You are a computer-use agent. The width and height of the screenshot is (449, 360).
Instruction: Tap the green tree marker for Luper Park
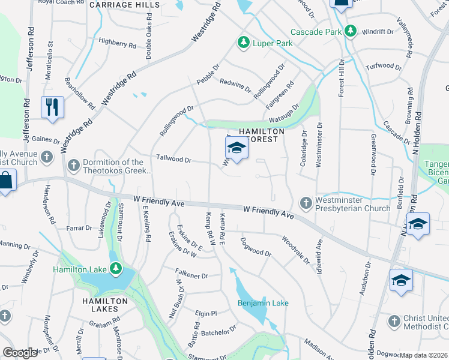pos(244,43)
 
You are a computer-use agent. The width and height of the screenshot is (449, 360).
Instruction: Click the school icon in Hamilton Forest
pos(237,148)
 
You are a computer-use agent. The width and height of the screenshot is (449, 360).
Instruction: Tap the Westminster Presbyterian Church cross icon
pos(306,203)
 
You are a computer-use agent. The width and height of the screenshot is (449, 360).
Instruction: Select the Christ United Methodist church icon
pos(394,321)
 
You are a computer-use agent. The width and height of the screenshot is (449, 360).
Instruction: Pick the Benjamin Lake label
pos(263,303)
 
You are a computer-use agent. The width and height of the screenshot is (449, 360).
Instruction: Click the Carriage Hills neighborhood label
pos(125,5)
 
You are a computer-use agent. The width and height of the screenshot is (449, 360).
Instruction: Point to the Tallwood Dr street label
pos(173,160)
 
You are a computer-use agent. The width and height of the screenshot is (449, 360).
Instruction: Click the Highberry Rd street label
pos(118,44)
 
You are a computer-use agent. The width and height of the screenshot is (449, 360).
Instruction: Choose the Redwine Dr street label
pos(235,86)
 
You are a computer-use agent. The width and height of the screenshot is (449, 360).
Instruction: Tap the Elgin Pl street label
pos(205,313)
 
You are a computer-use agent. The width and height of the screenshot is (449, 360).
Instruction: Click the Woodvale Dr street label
pos(295,249)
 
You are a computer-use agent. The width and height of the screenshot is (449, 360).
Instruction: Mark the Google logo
pos(20,353)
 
